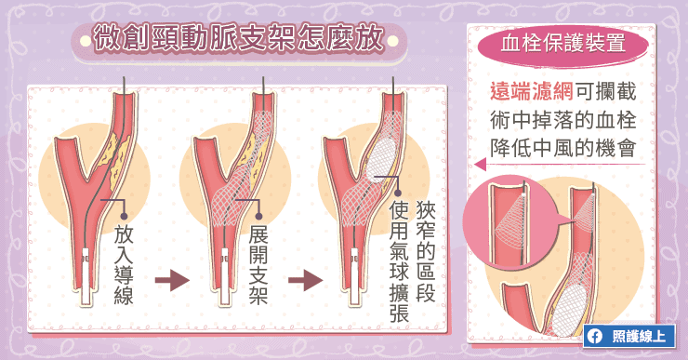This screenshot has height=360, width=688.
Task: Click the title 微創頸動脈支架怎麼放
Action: tap(239, 39)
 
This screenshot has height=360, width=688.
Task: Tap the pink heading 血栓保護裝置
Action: tap(562, 44)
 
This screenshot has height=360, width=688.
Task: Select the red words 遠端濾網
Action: tap(532, 92)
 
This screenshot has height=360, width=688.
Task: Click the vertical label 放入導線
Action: tap(124, 266)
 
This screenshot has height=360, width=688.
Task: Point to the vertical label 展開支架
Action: tap(258, 266)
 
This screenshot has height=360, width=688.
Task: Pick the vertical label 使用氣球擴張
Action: tap(399, 262)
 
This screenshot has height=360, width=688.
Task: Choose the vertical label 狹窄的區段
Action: tap(426, 251)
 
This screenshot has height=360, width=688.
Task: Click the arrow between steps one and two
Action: tap(172, 281)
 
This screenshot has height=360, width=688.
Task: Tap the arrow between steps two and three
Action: tap(305, 281)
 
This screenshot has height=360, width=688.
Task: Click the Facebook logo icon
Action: tap(594, 337)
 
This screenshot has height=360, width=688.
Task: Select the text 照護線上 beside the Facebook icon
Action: tap(639, 337)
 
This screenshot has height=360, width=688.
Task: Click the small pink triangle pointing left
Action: tap(480, 165)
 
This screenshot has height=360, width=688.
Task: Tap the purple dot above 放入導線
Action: tap(124, 216)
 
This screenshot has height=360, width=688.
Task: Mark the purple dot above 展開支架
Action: tap(258, 216)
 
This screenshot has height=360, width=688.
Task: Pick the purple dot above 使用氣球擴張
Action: tap(398, 193)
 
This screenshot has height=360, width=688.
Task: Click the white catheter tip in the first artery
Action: tap(86, 276)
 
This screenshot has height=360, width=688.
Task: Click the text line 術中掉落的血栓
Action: tap(562, 119)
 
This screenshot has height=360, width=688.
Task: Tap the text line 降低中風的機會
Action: tap(562, 148)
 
